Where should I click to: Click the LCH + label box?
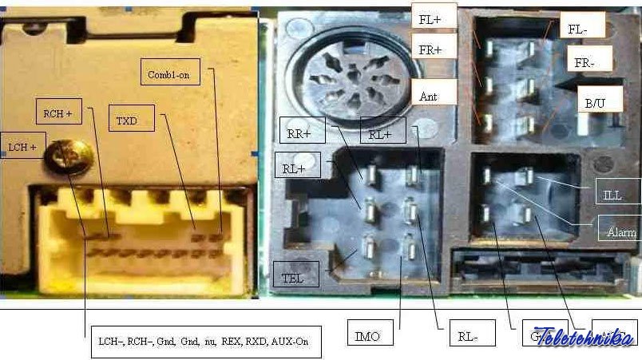[22, 146]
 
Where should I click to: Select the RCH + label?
[58, 113]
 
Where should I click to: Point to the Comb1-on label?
[167, 73]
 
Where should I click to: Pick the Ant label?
[430, 95]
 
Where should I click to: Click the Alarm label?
[620, 231]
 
